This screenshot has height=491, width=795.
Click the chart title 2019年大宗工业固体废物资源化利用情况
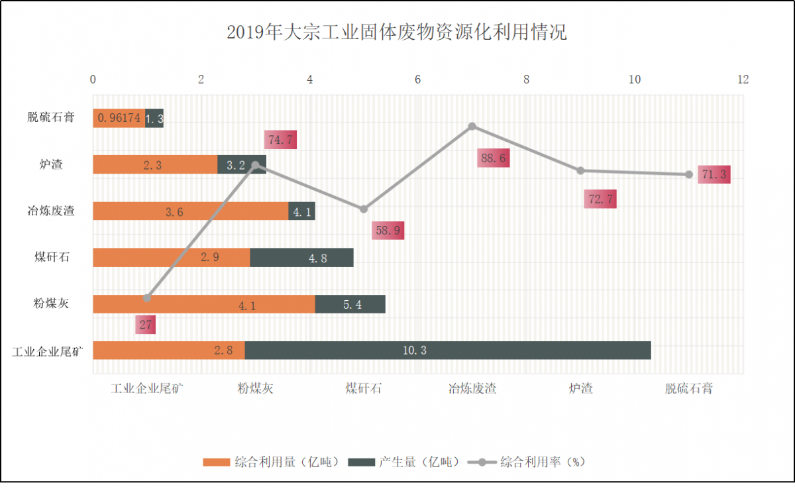pyautogui.click(x=397, y=32)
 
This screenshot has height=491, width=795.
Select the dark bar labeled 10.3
pyautogui.click(x=448, y=351)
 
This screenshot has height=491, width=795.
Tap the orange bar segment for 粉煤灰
pyautogui.click(x=203, y=304)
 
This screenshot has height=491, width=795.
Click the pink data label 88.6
pyautogui.click(x=494, y=158)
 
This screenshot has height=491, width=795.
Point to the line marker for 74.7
pyautogui.click(x=255, y=165)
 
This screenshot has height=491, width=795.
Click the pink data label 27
pyautogui.click(x=146, y=325)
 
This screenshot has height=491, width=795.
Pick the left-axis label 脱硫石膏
pyautogui.click(x=50, y=118)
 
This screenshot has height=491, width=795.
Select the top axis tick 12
pyautogui.click(x=743, y=80)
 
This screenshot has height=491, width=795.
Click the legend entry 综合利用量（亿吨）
pyautogui.click(x=272, y=462)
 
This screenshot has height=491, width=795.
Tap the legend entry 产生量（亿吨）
pyautogui.click(x=404, y=462)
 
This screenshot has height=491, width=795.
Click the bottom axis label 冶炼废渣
pyautogui.click(x=472, y=389)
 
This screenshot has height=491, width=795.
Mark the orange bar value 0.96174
pyautogui.click(x=119, y=119)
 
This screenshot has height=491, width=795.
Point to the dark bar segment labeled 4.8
pyautogui.click(x=301, y=258)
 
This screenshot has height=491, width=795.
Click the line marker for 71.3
pyautogui.click(x=689, y=174)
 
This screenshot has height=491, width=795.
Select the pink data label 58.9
pyautogui.click(x=388, y=230)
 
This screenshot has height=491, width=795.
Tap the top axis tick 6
pyautogui.click(x=418, y=80)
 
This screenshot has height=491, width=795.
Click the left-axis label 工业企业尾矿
pyautogui.click(x=48, y=351)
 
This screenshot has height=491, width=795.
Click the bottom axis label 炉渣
pyautogui.click(x=581, y=389)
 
